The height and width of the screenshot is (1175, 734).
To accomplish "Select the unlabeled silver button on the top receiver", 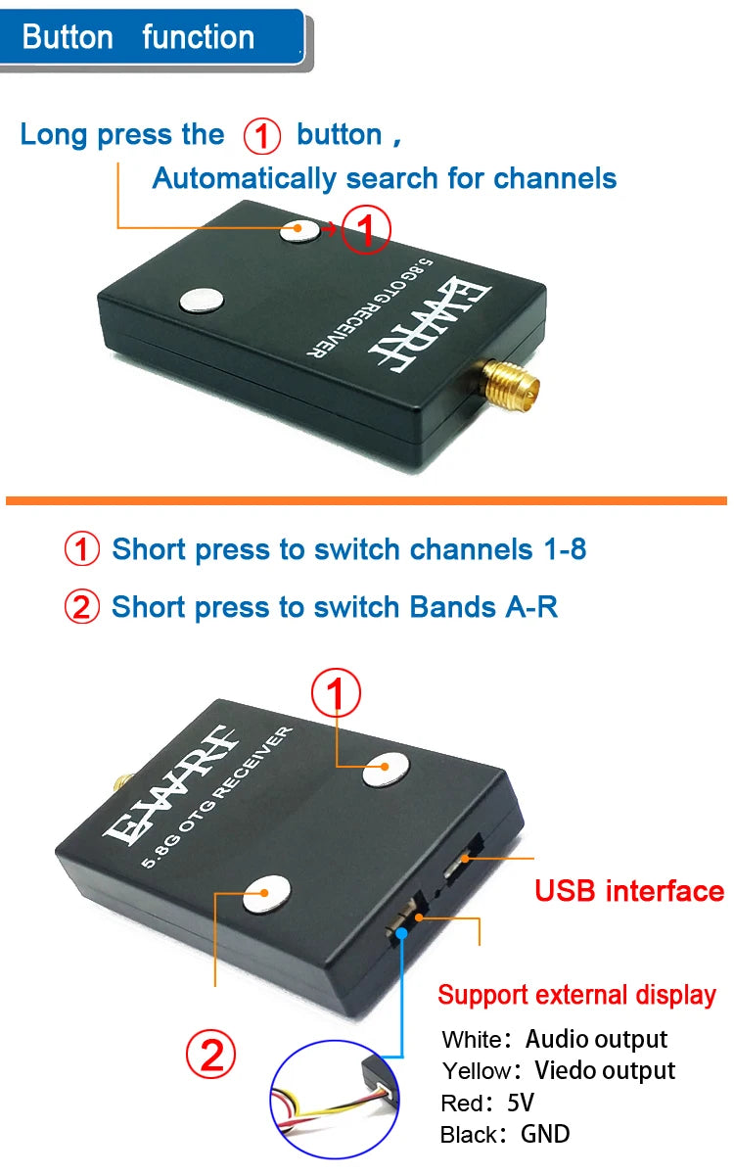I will pyautogui.click(x=200, y=301).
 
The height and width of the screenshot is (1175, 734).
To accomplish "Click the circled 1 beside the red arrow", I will pyautogui.click(x=365, y=230).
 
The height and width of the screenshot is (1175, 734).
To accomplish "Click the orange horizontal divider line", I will pyautogui.click(x=366, y=500).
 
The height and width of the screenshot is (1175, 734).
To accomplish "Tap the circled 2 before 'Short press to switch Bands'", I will pyautogui.click(x=82, y=607).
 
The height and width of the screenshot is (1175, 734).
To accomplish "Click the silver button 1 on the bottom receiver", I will pyautogui.click(x=385, y=770).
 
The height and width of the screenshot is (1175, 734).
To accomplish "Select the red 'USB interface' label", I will pyautogui.click(x=629, y=891).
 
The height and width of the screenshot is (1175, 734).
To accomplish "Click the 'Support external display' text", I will pyautogui.click(x=576, y=995).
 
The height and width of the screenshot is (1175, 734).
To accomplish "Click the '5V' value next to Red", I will pyautogui.click(x=521, y=1103).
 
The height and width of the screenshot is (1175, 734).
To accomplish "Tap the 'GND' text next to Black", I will pyautogui.click(x=545, y=1134).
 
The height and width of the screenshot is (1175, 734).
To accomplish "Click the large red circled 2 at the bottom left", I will pyautogui.click(x=211, y=1056).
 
